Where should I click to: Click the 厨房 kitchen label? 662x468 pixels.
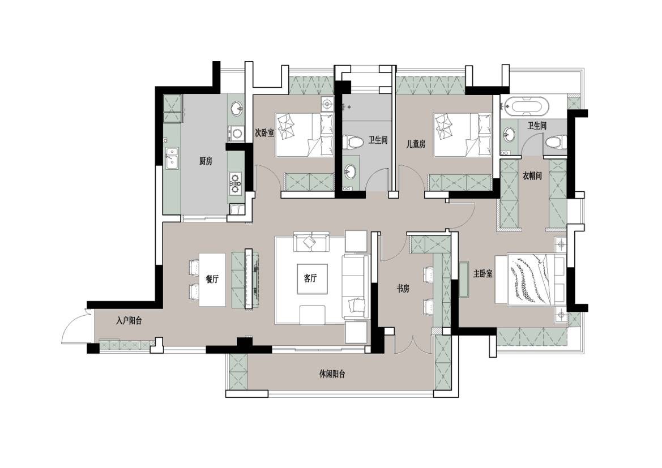pyautogui.click(x=206, y=161)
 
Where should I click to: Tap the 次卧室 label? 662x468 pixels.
pyautogui.click(x=264, y=132)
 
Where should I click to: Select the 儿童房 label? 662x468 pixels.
pyautogui.click(x=416, y=144)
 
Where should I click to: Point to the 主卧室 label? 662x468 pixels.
pyautogui.click(x=482, y=274)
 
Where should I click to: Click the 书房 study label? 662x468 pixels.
pyautogui.click(x=403, y=289)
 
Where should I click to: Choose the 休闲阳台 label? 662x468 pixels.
pyautogui.click(x=332, y=374)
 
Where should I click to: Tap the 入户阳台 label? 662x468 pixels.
pyautogui.click(x=129, y=321)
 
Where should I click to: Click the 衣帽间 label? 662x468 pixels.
pyautogui.click(x=532, y=175)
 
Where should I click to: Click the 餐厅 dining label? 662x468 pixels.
pyautogui.click(x=212, y=279)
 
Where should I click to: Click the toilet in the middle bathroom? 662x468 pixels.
pyautogui.click(x=353, y=142)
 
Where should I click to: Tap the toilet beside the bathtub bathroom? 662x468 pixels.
pyautogui.click(x=556, y=141)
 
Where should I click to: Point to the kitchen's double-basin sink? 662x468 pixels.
pyautogui.click(x=172, y=158)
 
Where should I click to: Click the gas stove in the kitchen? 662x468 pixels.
pyautogui.click(x=236, y=183)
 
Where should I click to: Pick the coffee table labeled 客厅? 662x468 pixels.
pyautogui.click(x=311, y=278)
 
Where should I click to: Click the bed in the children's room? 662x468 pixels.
pyautogui.click(x=463, y=134)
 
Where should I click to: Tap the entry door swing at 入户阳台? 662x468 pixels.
pyautogui.click(x=75, y=326)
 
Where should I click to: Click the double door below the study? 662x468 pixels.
pyautogui.click(x=413, y=345)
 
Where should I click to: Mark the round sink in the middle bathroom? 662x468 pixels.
pyautogui.click(x=351, y=172)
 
